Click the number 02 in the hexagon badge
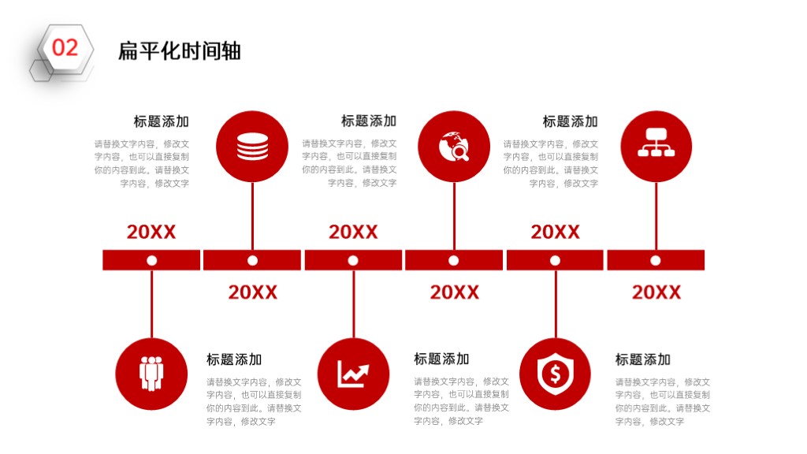point(65,48)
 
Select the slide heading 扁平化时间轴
point(180,51)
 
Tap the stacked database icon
point(252,147)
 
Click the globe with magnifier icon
point(454,147)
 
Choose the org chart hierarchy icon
point(656,143)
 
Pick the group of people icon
point(151,373)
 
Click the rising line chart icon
point(353,374)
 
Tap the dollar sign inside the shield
point(556,374)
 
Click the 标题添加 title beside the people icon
point(234,359)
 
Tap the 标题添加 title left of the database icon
point(161,121)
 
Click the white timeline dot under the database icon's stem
point(252,260)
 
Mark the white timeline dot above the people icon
point(151,260)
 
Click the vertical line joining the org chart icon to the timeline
point(656,216)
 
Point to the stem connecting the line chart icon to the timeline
point(354,304)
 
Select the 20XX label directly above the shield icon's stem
point(556,233)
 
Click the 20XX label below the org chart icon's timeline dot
point(656,292)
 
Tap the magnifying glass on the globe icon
point(459,152)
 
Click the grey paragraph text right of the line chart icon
point(462,401)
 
